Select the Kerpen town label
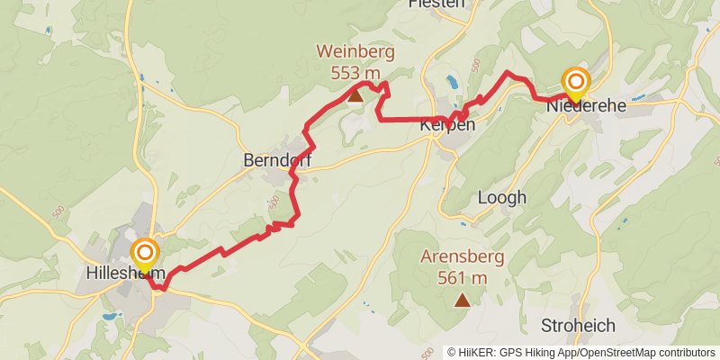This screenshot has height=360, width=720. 446,126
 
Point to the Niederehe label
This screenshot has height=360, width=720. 587,105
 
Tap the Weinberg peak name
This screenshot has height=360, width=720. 355,51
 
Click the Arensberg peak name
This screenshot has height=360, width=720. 463,257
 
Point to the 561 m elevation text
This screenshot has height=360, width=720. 463,277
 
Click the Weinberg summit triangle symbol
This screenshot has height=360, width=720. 355,94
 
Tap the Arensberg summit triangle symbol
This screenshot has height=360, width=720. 463,301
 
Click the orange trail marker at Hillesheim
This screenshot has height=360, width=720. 144,253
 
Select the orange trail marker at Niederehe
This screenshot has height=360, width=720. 575,82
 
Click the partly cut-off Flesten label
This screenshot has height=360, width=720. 436,4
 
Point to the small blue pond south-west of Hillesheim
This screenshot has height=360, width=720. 109,317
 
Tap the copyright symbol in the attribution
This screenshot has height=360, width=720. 453,353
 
